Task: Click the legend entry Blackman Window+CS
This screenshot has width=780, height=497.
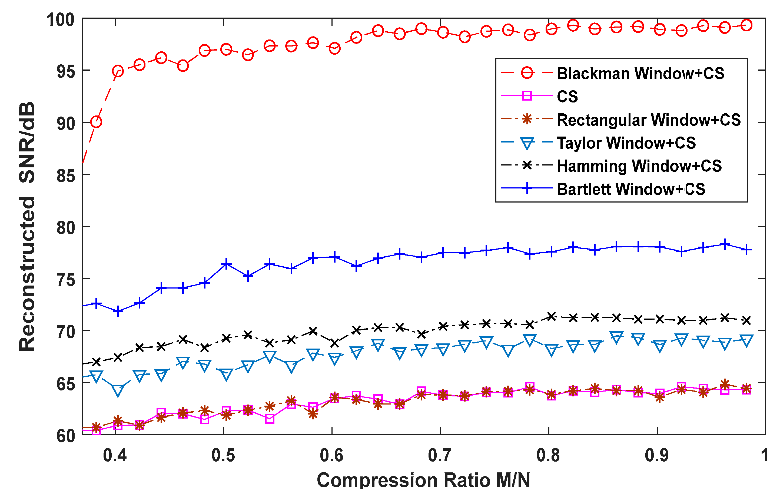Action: pyautogui.click(x=640, y=73)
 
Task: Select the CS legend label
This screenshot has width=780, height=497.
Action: pyautogui.click(x=567, y=96)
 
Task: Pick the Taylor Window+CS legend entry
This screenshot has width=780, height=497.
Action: pyautogui.click(x=626, y=143)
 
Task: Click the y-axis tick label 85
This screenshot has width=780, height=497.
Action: pyautogui.click(x=65, y=175)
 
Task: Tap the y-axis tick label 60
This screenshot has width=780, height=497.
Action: pyautogui.click(x=65, y=436)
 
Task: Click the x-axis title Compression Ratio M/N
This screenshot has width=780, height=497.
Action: pyautogui.click(x=423, y=480)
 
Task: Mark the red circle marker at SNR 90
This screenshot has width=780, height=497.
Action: pyautogui.click(x=96, y=122)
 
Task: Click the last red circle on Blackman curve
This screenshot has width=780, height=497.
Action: pyautogui.click(x=746, y=25)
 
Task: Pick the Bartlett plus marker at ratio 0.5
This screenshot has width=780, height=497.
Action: pyautogui.click(x=226, y=264)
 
